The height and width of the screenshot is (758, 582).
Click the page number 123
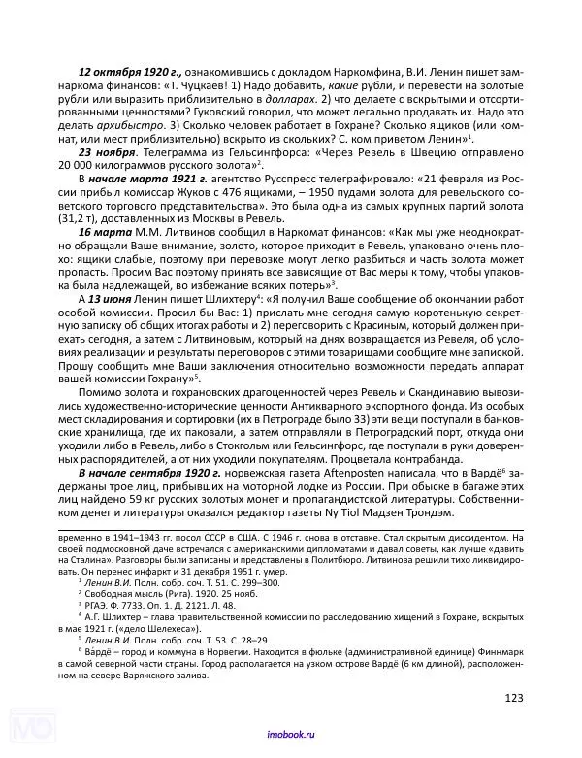(514, 697)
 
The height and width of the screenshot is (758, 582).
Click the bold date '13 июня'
(113, 327)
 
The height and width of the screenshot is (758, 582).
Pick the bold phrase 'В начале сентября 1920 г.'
(145, 472)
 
